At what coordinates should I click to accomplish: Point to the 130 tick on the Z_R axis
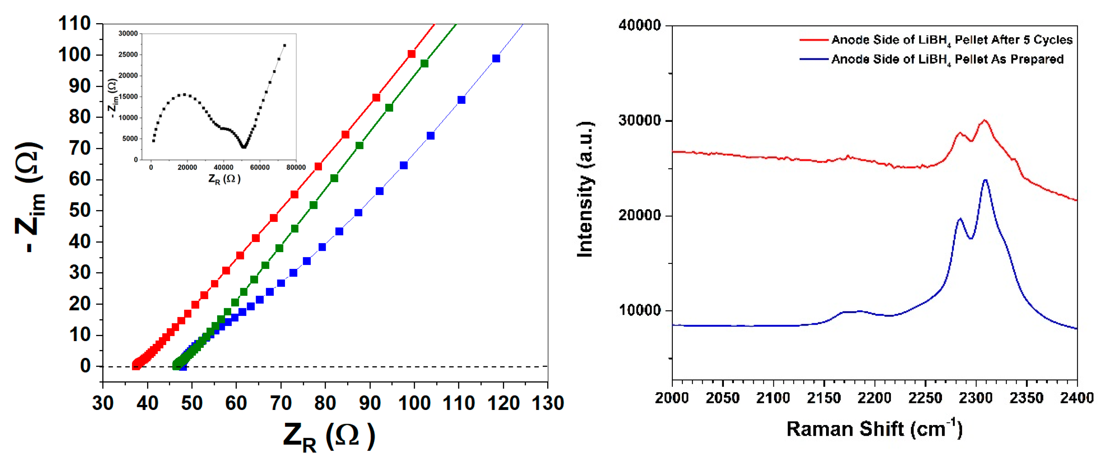(x=547, y=403)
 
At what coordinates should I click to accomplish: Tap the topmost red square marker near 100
(x=411, y=54)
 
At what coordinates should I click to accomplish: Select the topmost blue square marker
(x=496, y=59)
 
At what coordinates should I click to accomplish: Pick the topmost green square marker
(x=424, y=63)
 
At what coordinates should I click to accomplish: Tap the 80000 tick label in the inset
(x=296, y=167)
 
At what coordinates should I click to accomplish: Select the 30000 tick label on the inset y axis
(x=128, y=34)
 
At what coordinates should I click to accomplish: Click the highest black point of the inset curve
(x=284, y=45)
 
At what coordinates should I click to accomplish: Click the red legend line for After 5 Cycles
(x=814, y=40)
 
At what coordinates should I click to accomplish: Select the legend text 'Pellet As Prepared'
(x=1009, y=59)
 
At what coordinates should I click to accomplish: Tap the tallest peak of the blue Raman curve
(x=985, y=180)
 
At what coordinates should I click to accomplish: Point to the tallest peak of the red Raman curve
(x=984, y=121)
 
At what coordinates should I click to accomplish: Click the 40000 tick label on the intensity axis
(x=639, y=25)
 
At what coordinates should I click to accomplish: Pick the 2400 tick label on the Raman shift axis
(x=1076, y=398)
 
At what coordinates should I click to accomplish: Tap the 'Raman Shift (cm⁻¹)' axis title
(x=874, y=429)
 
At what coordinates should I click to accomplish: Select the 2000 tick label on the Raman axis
(x=671, y=398)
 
